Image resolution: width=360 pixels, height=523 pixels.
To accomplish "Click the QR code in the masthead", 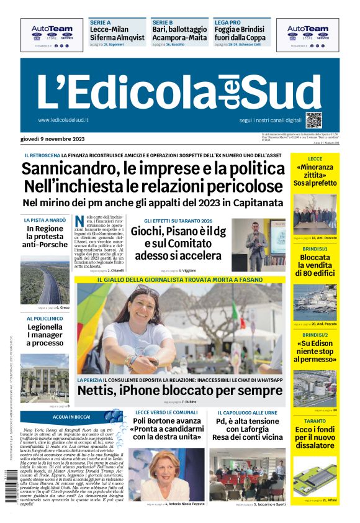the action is coord(313,120).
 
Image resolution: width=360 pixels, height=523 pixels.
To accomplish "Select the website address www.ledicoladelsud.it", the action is coord(63,120).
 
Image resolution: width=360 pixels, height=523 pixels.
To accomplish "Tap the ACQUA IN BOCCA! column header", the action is coord(73,416).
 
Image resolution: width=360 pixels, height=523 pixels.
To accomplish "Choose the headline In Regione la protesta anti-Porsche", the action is coord(45,237).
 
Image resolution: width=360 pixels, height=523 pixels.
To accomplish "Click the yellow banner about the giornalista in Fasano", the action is coord(180,280).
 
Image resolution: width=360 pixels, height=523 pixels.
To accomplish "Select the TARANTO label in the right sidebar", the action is coord(315,421).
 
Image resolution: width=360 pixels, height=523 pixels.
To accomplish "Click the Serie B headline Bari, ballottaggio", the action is coord(179,29).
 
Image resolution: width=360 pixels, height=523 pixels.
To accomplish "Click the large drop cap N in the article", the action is coord(79,222).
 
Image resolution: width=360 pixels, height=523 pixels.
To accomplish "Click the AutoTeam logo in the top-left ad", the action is coord(52,29).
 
